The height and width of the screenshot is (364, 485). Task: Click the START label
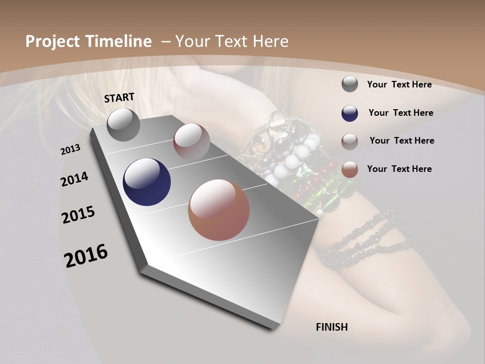[x=119, y=97]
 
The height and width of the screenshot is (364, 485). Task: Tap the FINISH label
[x=331, y=327]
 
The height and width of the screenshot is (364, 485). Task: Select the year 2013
[x=70, y=150]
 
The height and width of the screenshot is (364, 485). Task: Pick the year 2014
[x=74, y=179]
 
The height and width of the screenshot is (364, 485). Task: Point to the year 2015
[x=78, y=215]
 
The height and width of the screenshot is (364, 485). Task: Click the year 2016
[x=86, y=255]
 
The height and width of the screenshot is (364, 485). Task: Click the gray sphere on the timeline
[x=123, y=124]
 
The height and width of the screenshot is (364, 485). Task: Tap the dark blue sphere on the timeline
[x=147, y=182]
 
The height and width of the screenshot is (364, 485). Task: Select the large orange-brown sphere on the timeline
[x=219, y=210]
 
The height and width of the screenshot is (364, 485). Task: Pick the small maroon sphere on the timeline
[x=191, y=141]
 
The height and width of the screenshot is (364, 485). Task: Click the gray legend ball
[x=350, y=84]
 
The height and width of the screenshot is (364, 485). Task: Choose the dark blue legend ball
[x=350, y=113]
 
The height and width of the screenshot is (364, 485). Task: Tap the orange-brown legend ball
[x=350, y=169]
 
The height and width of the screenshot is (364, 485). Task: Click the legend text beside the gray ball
[x=399, y=84]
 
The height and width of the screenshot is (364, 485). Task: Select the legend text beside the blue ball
[x=401, y=113]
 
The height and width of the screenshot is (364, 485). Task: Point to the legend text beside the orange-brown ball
[x=399, y=169]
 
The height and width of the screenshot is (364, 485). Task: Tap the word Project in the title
[x=53, y=41]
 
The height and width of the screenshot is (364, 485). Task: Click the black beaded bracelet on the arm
[x=369, y=238]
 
